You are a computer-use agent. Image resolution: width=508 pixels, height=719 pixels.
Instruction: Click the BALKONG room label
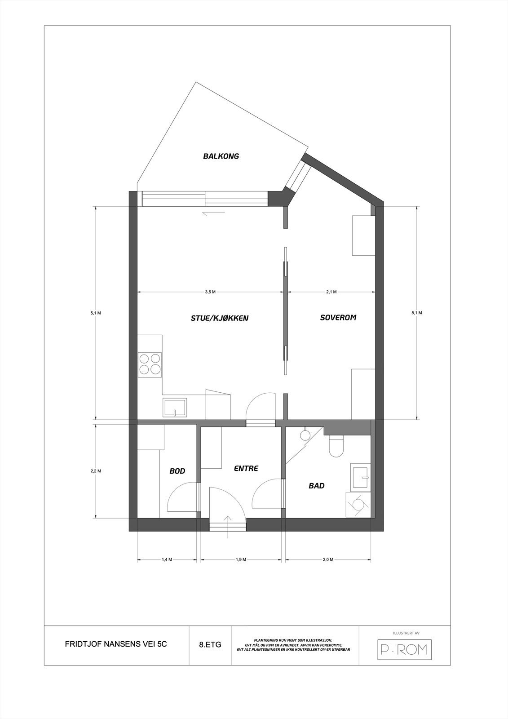[221, 156]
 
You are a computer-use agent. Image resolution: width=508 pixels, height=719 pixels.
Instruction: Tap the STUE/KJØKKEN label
[220, 318]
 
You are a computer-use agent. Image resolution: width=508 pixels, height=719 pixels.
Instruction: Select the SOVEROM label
[338, 317]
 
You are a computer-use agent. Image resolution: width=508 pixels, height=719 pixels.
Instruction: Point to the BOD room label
[177, 471]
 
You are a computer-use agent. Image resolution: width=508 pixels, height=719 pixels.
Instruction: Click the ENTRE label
[246, 468]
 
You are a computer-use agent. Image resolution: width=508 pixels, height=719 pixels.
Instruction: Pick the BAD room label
[316, 485]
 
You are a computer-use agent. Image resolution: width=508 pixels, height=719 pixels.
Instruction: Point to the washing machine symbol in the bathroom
[358, 505]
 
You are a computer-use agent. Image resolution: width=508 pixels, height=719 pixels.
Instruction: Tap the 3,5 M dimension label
[210, 292]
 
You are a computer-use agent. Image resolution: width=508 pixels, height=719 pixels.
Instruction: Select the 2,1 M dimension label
[331, 292]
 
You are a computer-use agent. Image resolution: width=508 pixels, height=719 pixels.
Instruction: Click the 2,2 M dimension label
[96, 471]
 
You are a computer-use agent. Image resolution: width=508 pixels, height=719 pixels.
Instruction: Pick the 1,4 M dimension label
[167, 559]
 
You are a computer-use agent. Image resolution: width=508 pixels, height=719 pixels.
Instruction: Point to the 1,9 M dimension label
[241, 559]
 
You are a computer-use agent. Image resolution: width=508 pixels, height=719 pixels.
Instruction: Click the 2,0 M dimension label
[328, 559]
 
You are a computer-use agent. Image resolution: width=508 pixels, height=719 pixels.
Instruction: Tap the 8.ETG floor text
[210, 644]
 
